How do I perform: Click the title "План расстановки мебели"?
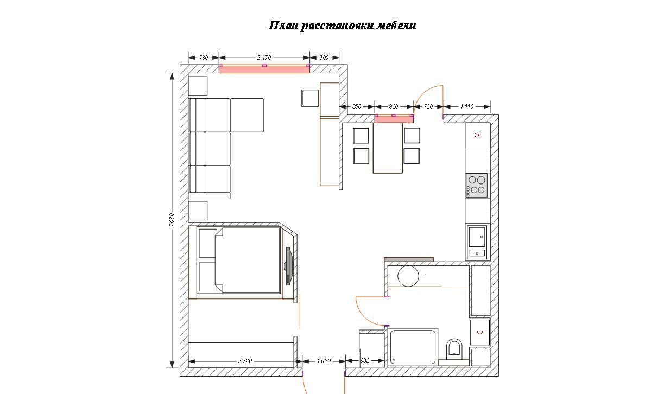[343, 26]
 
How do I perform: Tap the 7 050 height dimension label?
[172, 220]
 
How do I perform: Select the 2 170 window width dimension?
[264, 58]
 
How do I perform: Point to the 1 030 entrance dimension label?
[324, 361]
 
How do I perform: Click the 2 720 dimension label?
[245, 361]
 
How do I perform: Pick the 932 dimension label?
[365, 360]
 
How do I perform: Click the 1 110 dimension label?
[467, 106]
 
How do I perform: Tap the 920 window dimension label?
[394, 106]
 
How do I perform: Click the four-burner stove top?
[477, 186]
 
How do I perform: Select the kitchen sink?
[477, 242]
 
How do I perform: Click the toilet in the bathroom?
[454, 348]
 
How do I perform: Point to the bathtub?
[413, 347]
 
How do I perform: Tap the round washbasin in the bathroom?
[408, 276]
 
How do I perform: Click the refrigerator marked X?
[477, 135]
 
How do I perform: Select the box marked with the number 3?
[479, 332]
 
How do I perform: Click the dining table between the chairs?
[388, 148]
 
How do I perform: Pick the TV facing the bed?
[289, 266]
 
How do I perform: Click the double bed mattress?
[248, 260]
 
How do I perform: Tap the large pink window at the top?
[264, 69]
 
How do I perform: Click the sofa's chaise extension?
[247, 115]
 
